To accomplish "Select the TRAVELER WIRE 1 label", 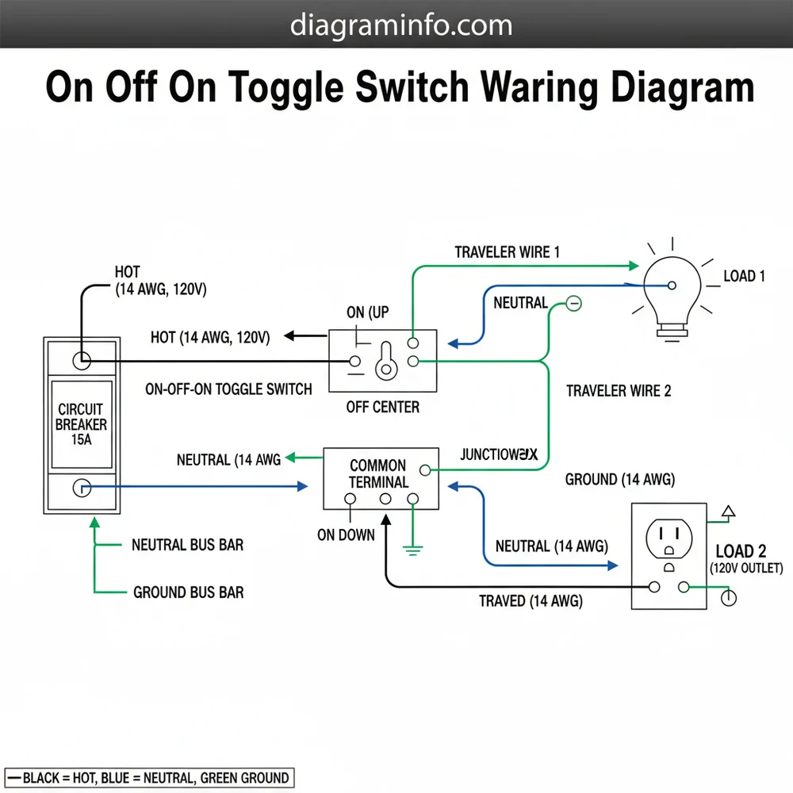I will click(508, 252).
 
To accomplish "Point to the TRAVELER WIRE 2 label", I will click(619, 391).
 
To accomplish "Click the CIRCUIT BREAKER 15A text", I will click(82, 424).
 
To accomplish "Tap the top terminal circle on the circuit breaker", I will click(82, 361).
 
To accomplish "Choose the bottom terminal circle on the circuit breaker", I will click(82, 488).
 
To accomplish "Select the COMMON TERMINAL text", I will click(378, 473).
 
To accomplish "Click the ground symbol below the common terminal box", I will click(412, 546).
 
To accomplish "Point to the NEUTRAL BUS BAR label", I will click(187, 546).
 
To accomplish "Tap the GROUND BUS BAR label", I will click(188, 592).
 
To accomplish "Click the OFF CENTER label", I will click(383, 408).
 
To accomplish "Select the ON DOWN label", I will click(346, 534).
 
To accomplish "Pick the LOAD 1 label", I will click(745, 277).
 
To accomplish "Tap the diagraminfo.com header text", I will click(401, 25).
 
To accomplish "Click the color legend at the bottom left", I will click(148, 777).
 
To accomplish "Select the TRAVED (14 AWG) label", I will click(531, 602).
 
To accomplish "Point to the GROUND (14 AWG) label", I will click(619, 480).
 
